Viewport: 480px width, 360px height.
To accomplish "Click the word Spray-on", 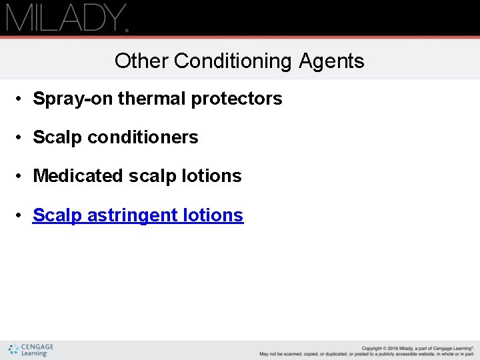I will pos(73,99).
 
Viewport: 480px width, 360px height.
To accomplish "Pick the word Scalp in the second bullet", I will pos(57,137).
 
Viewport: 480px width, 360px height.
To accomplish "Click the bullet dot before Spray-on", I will pos(21,99).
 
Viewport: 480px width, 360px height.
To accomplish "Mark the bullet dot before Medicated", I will pos(21,177).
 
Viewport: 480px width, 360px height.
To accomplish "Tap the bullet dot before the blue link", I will pos(21,216).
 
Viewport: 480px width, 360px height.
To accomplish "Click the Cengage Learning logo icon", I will pos(13,349).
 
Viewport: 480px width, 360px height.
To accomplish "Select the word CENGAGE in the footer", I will pos(37,347).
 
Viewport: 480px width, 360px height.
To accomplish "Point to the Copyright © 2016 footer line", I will pos(417,348).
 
